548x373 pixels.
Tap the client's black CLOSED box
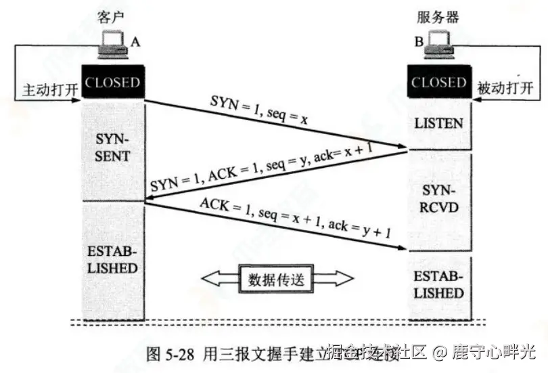112,83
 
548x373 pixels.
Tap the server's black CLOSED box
439,83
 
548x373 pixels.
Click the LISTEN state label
439,123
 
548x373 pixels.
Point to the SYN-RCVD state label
439,197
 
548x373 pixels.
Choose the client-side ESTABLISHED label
112,259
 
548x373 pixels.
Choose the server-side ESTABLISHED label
439,285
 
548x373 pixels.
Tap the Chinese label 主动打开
50,89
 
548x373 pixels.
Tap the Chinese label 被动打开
505,89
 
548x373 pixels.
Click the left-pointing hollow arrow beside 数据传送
218,279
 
